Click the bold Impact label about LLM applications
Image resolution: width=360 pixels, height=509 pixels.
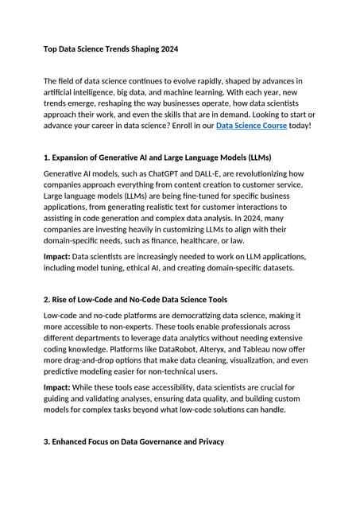pyautogui.click(x=57, y=258)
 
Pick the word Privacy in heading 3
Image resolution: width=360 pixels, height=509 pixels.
pyautogui.click(x=206, y=441)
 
